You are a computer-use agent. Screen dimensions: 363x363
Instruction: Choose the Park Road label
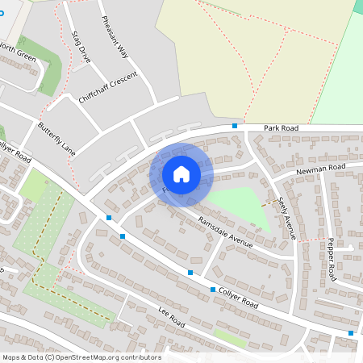281,127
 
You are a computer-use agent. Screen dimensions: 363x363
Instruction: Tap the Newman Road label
319,168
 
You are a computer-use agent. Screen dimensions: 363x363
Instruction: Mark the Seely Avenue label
286,218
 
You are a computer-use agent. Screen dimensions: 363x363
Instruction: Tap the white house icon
181,174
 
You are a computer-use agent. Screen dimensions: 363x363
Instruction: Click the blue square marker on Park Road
235,126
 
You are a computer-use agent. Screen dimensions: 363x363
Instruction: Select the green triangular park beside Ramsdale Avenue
242,206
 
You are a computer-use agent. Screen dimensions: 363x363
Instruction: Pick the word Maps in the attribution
12,357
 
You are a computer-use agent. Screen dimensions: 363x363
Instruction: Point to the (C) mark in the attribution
50,357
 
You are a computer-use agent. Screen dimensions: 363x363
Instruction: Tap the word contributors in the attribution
142,357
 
